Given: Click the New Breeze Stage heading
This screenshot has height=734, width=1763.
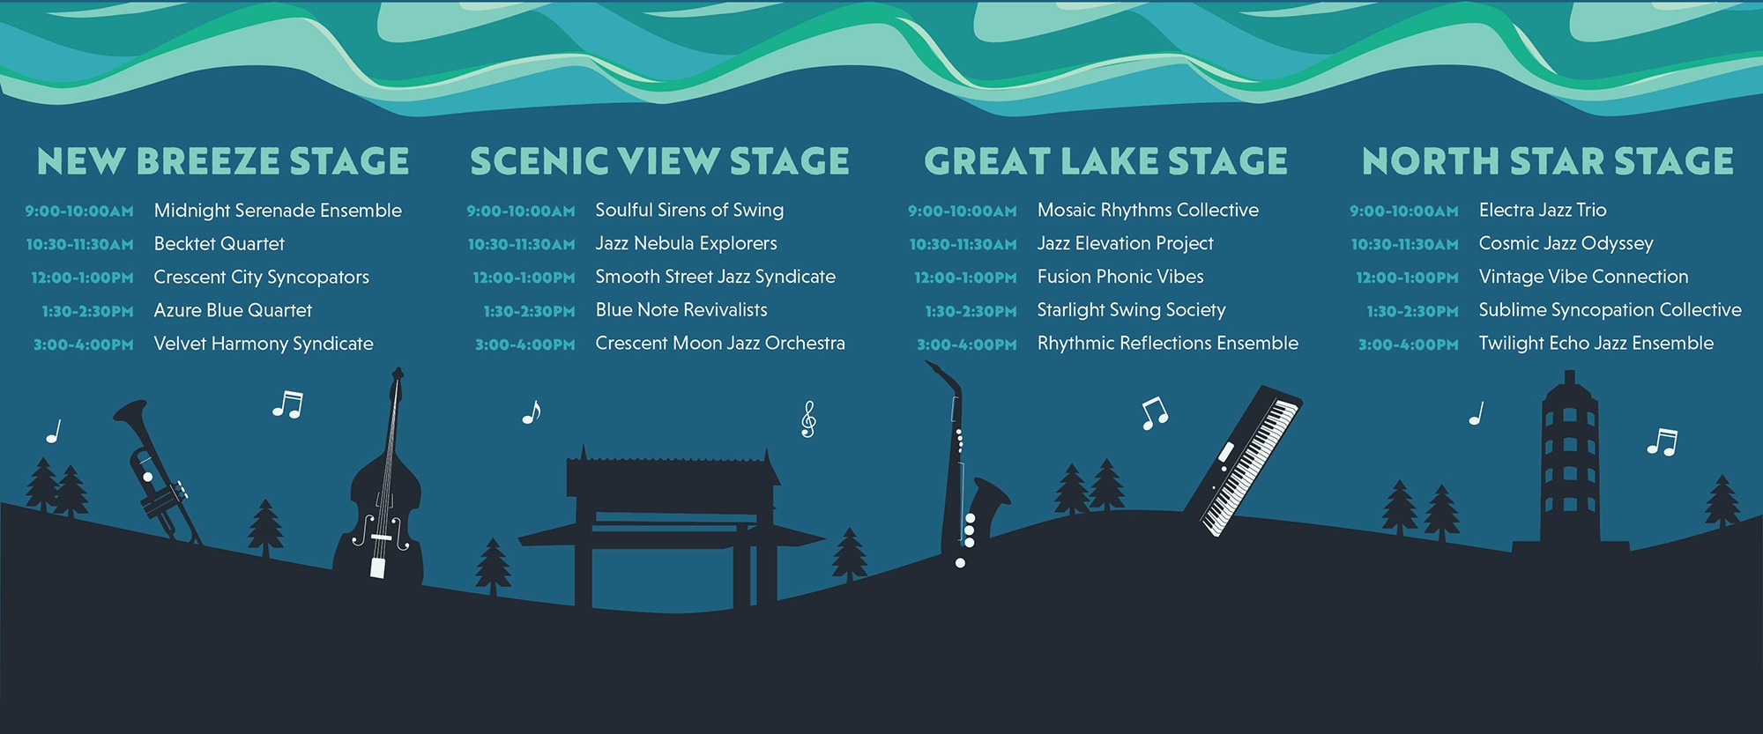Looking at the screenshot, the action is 223,161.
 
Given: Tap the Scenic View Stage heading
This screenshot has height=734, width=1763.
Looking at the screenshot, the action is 660,161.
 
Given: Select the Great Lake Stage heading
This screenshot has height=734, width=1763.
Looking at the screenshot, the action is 1106,161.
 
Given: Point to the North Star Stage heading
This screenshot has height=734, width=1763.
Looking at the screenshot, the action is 1548,161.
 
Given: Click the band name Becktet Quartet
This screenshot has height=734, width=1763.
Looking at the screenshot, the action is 219,243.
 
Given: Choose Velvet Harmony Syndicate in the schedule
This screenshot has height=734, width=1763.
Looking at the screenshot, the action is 264,344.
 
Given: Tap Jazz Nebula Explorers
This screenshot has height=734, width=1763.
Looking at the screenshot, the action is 686,243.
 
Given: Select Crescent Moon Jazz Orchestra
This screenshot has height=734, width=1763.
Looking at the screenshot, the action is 720,343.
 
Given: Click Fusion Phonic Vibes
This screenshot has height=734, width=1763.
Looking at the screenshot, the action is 1120,277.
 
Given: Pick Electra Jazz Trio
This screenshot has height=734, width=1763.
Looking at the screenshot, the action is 1543,210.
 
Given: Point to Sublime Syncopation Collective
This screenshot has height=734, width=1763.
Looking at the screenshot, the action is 1611,310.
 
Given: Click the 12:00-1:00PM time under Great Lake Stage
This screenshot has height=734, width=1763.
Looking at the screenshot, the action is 965,278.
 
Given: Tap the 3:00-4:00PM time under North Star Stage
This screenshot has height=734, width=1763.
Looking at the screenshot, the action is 1409,345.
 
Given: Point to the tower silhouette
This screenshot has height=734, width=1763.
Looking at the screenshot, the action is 1569,467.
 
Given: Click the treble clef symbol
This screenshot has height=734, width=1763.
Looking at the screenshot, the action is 808,419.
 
